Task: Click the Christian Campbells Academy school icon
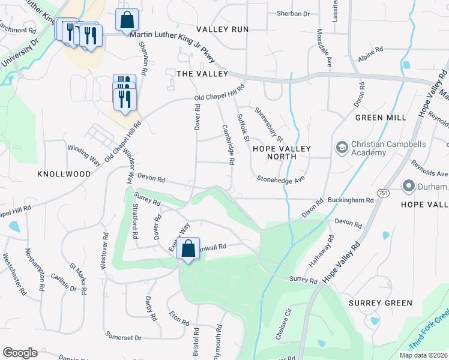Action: pos(342,148)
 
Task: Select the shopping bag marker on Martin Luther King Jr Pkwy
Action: pos(127,21)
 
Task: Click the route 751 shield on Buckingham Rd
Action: pos(384,201)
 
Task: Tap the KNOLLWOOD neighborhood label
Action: pos(64,174)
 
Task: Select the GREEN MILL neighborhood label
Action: pos(378,118)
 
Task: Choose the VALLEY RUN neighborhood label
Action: pos(222,29)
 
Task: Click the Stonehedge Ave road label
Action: pos(282,178)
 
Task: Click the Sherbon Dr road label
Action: pos(293,13)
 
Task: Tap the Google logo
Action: pos(20,353)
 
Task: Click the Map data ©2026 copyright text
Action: pos(423,355)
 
